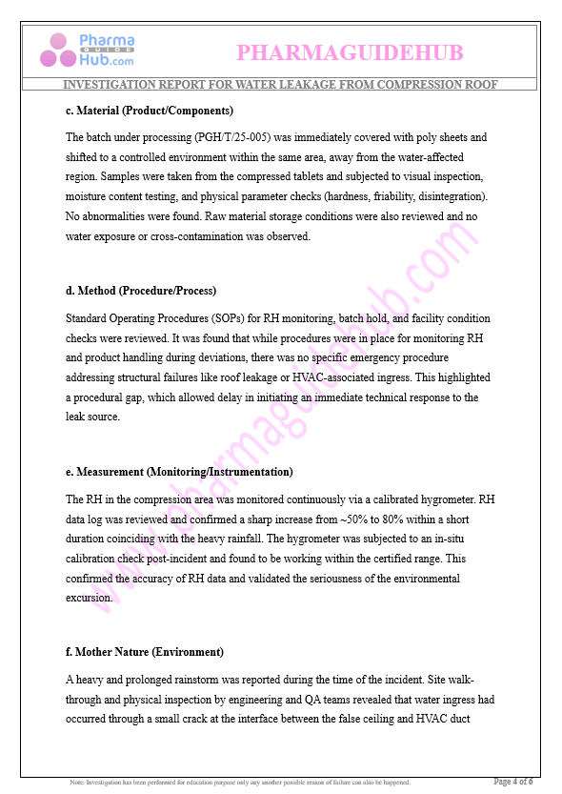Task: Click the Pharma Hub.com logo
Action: point(88,50)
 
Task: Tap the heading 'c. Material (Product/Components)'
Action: point(150,111)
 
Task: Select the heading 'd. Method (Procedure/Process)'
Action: point(141,291)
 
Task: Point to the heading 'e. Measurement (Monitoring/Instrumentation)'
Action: point(179,472)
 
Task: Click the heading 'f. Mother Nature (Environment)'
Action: point(145,652)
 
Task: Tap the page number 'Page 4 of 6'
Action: point(512,782)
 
